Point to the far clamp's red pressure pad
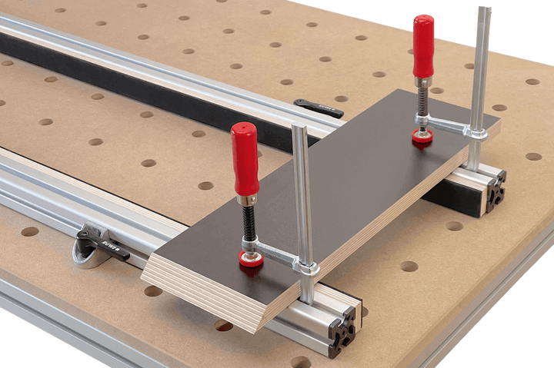click(422, 137)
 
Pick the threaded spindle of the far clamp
click(422, 99)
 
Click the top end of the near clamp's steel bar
click(300, 130)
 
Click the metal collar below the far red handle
click(422, 81)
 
